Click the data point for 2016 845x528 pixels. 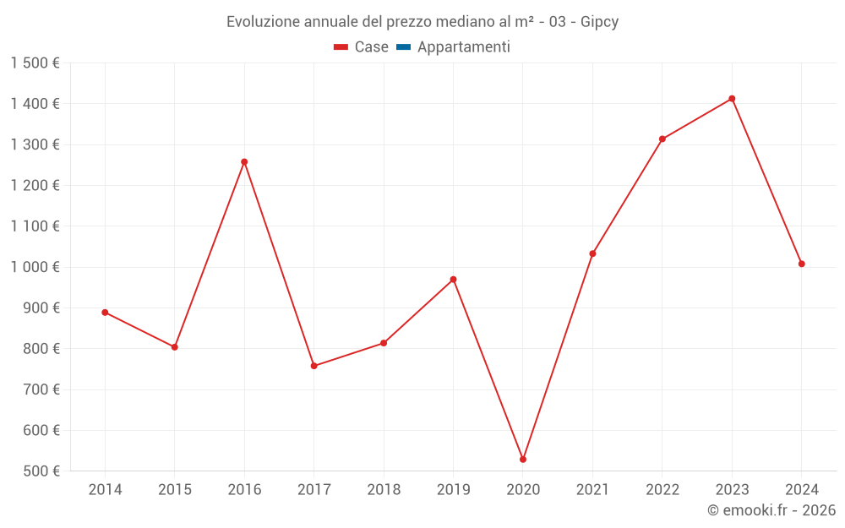[244, 162]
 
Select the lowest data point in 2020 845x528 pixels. [523, 460]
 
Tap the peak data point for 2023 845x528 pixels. [732, 99]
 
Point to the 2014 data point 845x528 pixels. [105, 313]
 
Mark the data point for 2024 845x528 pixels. [802, 264]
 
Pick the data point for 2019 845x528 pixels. [453, 280]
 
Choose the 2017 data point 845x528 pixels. [313, 366]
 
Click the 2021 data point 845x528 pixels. [592, 253]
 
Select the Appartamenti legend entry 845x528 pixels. [463, 47]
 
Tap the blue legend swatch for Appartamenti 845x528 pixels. [403, 47]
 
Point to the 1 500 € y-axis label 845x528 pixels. [35, 63]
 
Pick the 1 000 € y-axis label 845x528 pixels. [35, 267]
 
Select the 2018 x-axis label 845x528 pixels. [384, 490]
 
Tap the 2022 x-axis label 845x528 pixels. [662, 490]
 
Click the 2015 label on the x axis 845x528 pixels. [175, 490]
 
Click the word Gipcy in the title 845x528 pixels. [599, 22]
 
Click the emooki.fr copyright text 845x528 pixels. [771, 510]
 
